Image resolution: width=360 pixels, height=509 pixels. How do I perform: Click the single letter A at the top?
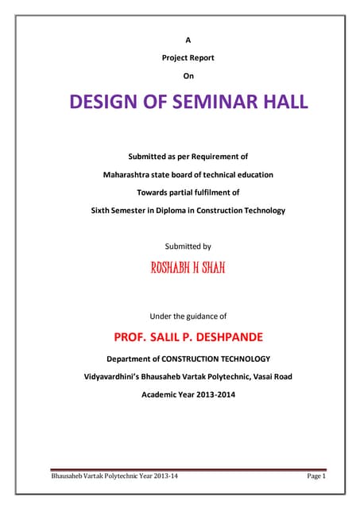click(188, 38)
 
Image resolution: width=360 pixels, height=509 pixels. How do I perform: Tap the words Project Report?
click(188, 57)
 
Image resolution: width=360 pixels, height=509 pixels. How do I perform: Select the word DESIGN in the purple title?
click(106, 103)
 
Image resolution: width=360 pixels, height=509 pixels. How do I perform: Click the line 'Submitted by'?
click(188, 247)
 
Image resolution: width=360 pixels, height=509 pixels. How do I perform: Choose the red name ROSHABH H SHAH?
click(188, 268)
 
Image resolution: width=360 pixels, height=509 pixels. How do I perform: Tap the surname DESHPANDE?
click(226, 337)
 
